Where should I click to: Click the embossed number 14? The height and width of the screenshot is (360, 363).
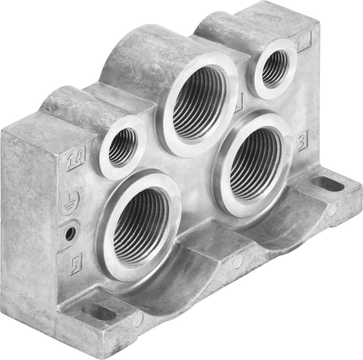tap(76, 161)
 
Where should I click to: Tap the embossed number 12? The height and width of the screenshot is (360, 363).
tap(303, 44)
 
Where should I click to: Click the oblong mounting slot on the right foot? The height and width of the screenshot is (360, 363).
tap(327, 184)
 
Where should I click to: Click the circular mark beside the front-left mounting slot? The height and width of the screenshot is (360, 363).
tap(138, 319)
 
